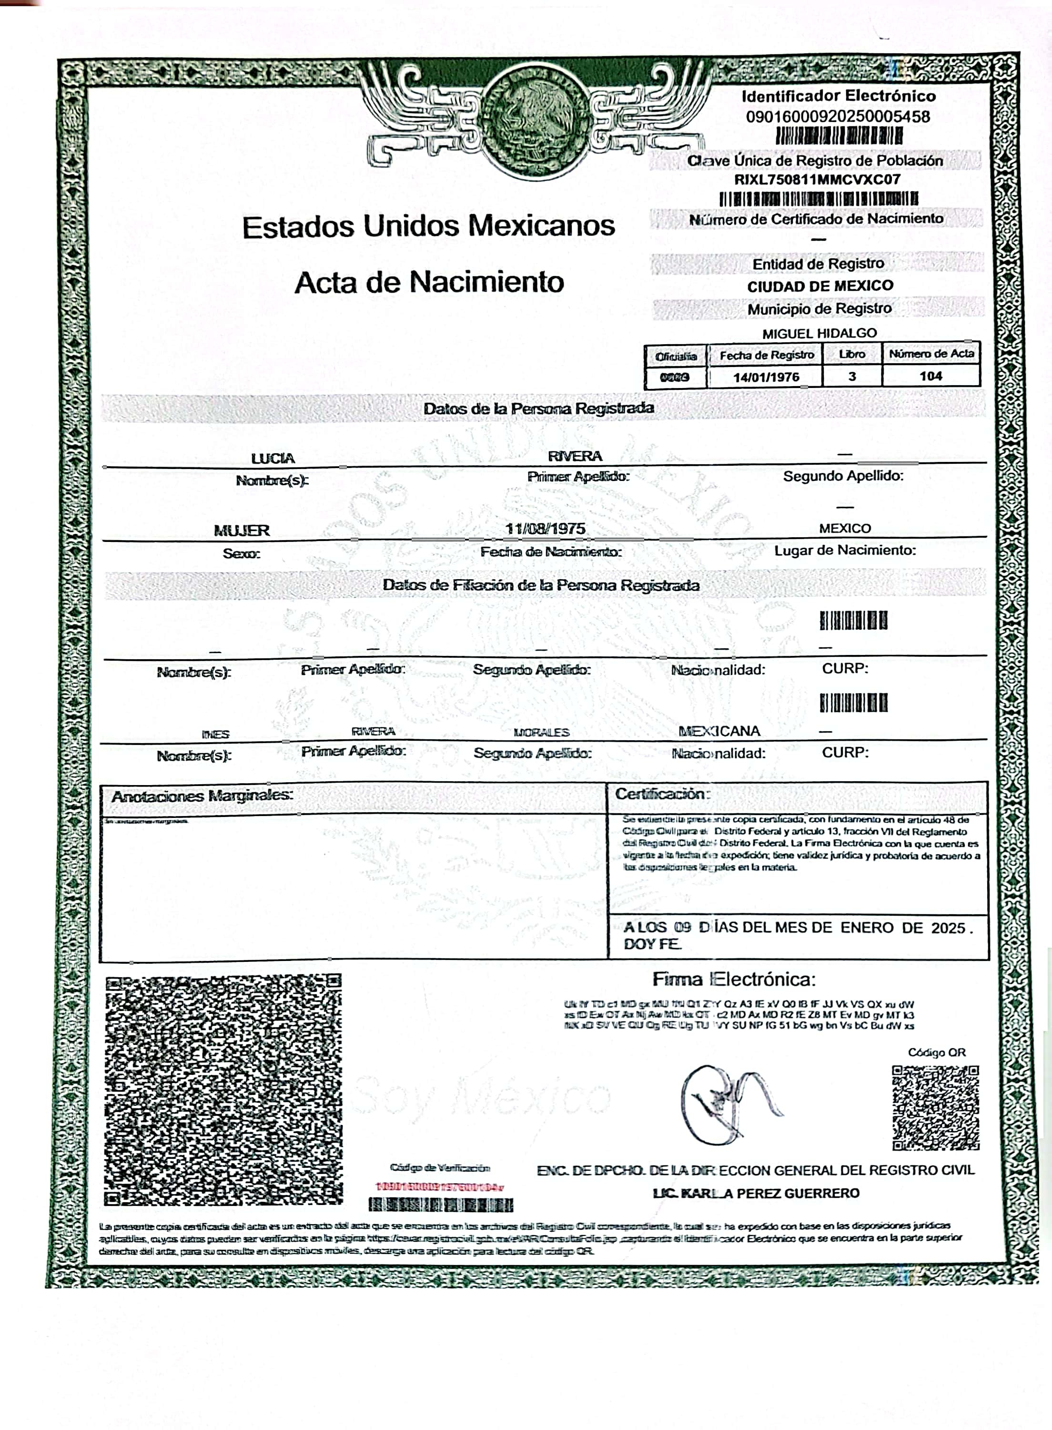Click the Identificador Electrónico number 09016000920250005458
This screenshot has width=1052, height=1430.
click(x=838, y=117)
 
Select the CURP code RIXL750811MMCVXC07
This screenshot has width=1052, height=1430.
click(x=817, y=180)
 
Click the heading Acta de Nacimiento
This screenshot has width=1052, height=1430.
click(x=429, y=282)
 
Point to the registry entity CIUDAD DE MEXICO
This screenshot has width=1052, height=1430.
click(x=820, y=286)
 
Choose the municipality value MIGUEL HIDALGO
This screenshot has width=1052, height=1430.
click(x=819, y=333)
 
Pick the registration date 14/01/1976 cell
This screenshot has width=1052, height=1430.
click(x=766, y=377)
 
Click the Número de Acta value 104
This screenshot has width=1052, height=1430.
click(x=931, y=376)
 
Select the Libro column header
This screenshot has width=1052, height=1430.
click(x=851, y=354)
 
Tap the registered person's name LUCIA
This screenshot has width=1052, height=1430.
click(x=273, y=459)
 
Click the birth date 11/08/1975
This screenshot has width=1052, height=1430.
click(x=545, y=529)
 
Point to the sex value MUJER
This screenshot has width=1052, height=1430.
click(x=242, y=531)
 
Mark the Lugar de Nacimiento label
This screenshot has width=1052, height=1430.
click(x=845, y=551)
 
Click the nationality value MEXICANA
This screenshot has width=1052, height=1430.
click(x=719, y=731)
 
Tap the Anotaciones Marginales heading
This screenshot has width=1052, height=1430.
click(x=202, y=796)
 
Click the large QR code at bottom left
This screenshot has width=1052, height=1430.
click(x=223, y=1089)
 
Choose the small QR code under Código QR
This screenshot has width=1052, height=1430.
click(x=935, y=1108)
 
